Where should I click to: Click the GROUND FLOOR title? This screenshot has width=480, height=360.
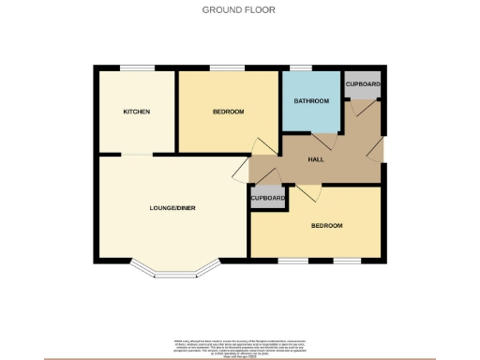[239, 10]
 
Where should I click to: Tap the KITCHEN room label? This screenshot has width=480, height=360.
[137, 112]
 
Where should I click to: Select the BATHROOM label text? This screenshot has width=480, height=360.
[310, 100]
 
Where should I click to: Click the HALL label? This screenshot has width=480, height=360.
[317, 160]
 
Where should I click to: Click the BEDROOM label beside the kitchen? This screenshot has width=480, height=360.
[228, 112]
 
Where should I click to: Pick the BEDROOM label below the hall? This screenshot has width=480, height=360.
[327, 226]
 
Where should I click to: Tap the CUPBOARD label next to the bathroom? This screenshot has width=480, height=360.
[362, 84]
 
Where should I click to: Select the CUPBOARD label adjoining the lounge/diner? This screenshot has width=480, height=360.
[267, 199]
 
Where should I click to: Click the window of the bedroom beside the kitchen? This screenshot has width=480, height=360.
[222, 67]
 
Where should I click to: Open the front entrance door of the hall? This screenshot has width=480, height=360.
[376, 149]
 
